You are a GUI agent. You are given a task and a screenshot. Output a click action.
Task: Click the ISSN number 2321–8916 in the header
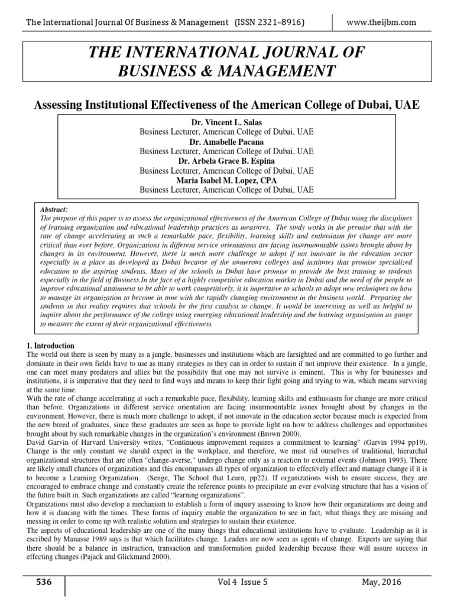(x=277, y=22)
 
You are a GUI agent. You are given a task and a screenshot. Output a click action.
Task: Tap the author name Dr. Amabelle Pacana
(x=226, y=142)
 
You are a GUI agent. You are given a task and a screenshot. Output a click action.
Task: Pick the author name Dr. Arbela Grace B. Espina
(x=226, y=161)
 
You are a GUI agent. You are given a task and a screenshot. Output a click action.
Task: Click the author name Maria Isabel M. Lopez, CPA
(x=226, y=180)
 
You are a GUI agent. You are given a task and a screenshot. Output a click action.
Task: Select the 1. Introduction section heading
(x=51, y=346)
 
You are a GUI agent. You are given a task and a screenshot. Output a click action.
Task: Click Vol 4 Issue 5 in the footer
(x=243, y=582)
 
